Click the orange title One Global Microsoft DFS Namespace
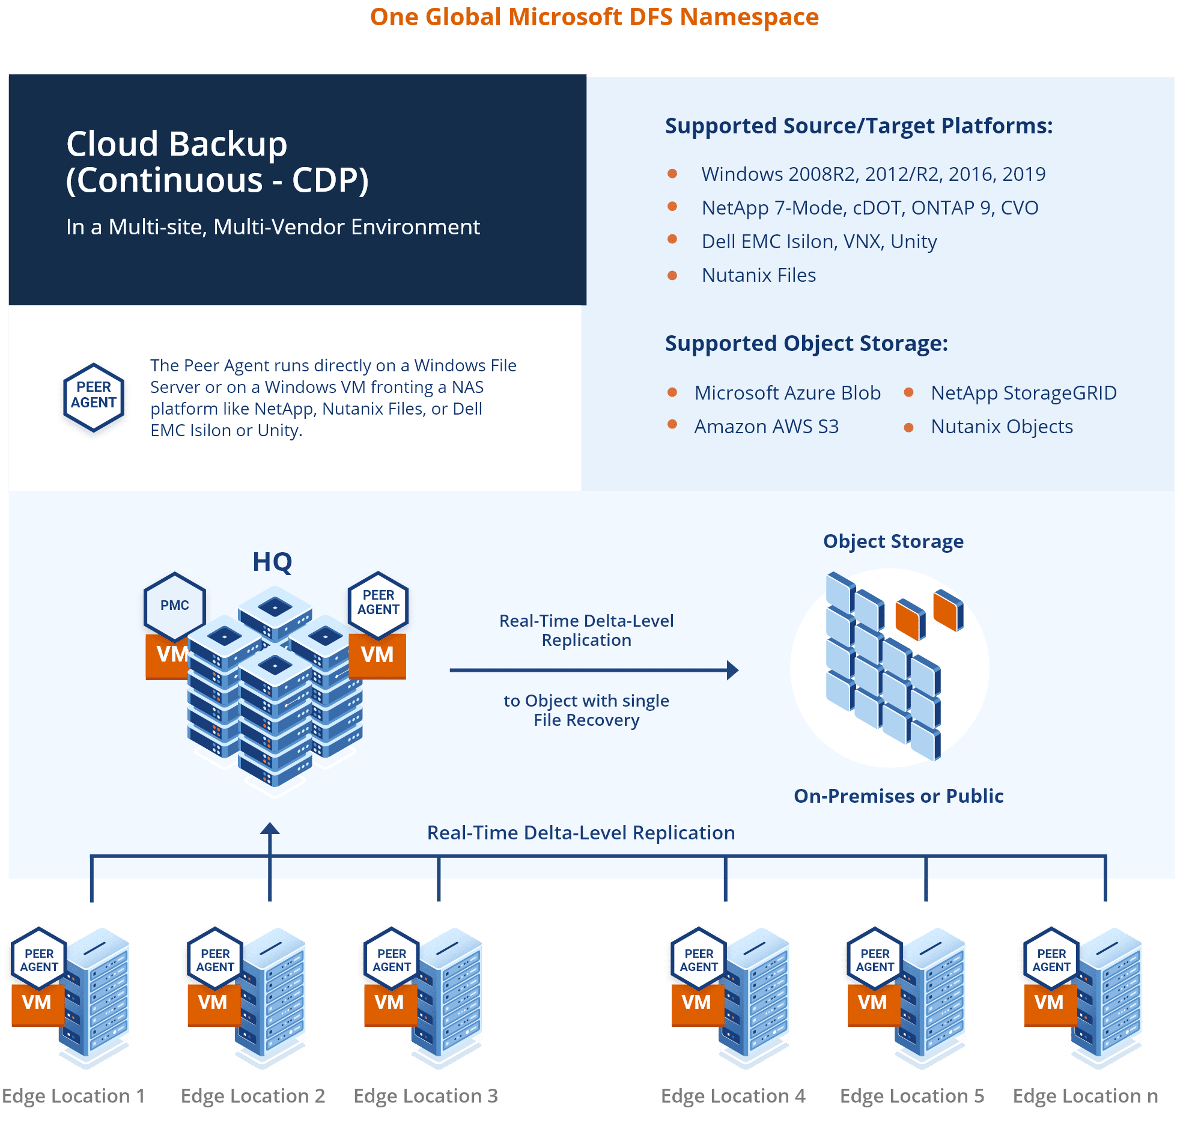tap(594, 17)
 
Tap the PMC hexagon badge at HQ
tap(175, 606)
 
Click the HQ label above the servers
tap(272, 562)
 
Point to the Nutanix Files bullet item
tap(758, 275)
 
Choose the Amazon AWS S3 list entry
tap(766, 427)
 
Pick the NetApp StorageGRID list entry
tap(1023, 393)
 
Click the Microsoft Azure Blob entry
tap(787, 393)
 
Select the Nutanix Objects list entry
tap(1002, 427)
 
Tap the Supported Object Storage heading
tap(806, 344)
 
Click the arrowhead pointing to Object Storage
tap(732, 670)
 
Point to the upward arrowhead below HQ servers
tap(270, 829)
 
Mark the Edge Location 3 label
tap(425, 1096)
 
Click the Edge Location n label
tap(1085, 1096)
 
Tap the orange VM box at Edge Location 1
tap(37, 1002)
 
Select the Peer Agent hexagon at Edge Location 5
tap(875, 960)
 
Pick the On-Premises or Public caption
tap(898, 796)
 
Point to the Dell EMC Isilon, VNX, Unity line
tap(819, 242)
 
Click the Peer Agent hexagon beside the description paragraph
tap(94, 397)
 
